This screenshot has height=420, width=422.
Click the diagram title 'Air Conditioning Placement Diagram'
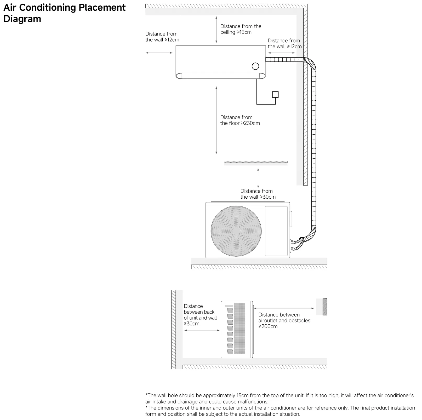click(x=64, y=13)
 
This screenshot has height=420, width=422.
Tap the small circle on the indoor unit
click(x=255, y=66)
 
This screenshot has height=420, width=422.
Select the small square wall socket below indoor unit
click(x=275, y=94)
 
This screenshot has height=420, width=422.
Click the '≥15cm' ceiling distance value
click(x=244, y=32)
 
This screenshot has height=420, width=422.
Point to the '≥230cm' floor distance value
click(x=250, y=123)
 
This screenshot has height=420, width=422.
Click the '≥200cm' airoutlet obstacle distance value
click(x=268, y=326)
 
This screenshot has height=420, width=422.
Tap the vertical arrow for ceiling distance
click(x=216, y=30)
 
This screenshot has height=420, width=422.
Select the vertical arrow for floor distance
click(x=216, y=120)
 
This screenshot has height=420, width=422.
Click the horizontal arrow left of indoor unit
click(x=159, y=53)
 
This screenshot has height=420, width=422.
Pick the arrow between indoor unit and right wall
click(x=281, y=53)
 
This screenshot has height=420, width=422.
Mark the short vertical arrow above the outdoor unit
click(x=258, y=178)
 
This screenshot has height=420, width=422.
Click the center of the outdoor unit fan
click(x=236, y=231)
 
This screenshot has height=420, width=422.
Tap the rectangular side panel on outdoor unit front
click(x=276, y=231)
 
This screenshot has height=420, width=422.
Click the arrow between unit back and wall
click(x=202, y=330)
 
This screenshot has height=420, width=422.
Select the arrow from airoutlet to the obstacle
click(x=284, y=308)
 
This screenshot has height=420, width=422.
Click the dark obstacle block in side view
click(x=325, y=307)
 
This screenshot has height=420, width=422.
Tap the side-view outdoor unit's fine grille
click(x=240, y=328)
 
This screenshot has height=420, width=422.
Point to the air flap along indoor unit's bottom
click(x=221, y=76)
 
